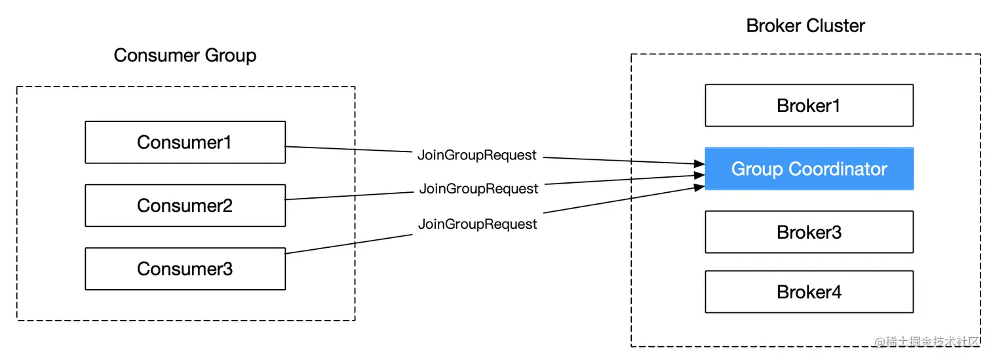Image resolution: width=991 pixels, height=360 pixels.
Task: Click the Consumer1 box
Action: pyautogui.click(x=185, y=142)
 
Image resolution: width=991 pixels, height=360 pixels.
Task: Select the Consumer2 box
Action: pyautogui.click(x=185, y=205)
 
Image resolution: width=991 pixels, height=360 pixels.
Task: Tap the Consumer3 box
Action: pyautogui.click(x=185, y=269)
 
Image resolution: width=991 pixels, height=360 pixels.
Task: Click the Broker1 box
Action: pyautogui.click(x=809, y=106)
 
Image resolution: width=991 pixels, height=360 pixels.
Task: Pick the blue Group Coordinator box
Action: pyautogui.click(x=809, y=169)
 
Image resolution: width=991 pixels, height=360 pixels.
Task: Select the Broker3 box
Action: pyautogui.click(x=809, y=232)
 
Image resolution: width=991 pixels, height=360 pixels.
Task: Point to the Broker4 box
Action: pyautogui.click(x=809, y=292)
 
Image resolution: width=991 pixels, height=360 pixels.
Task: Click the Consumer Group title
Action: pyautogui.click(x=185, y=55)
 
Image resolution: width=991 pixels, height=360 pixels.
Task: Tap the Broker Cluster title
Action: pyautogui.click(x=806, y=26)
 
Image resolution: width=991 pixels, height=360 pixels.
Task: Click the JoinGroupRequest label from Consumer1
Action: pyautogui.click(x=477, y=155)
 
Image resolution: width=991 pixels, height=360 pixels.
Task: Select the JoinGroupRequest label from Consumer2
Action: pyautogui.click(x=478, y=189)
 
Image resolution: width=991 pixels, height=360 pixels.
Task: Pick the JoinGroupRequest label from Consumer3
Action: pyautogui.click(x=477, y=224)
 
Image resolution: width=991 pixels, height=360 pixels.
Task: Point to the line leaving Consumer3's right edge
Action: pyautogui.click(x=347, y=244)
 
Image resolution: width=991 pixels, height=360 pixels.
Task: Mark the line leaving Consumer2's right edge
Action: pyautogui.click(x=347, y=195)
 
